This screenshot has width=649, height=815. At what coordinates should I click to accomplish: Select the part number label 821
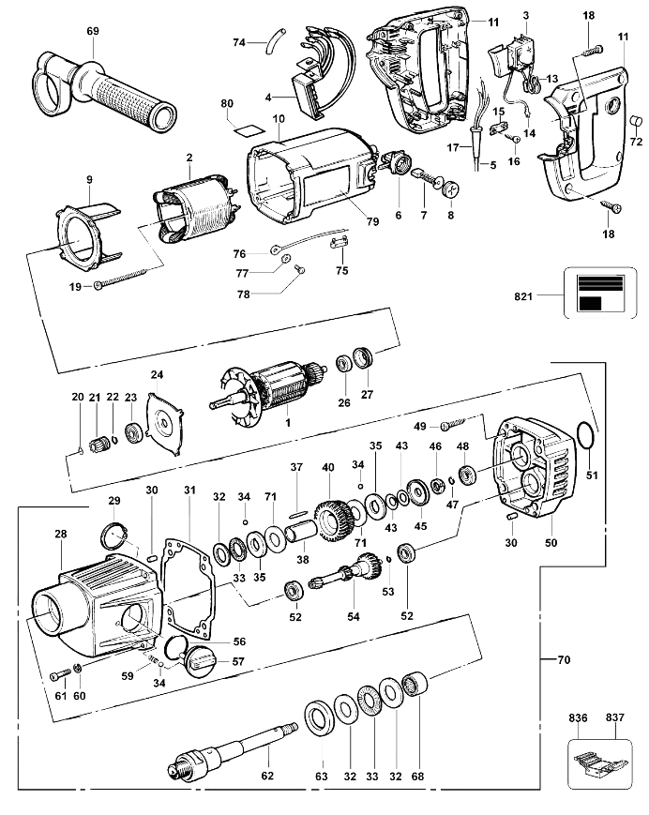coord(523,296)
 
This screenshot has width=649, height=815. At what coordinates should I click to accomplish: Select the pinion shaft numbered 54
coord(345,571)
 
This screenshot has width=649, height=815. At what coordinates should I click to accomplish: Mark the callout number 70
coord(564,660)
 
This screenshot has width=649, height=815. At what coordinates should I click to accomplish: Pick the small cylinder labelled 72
coord(636,122)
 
